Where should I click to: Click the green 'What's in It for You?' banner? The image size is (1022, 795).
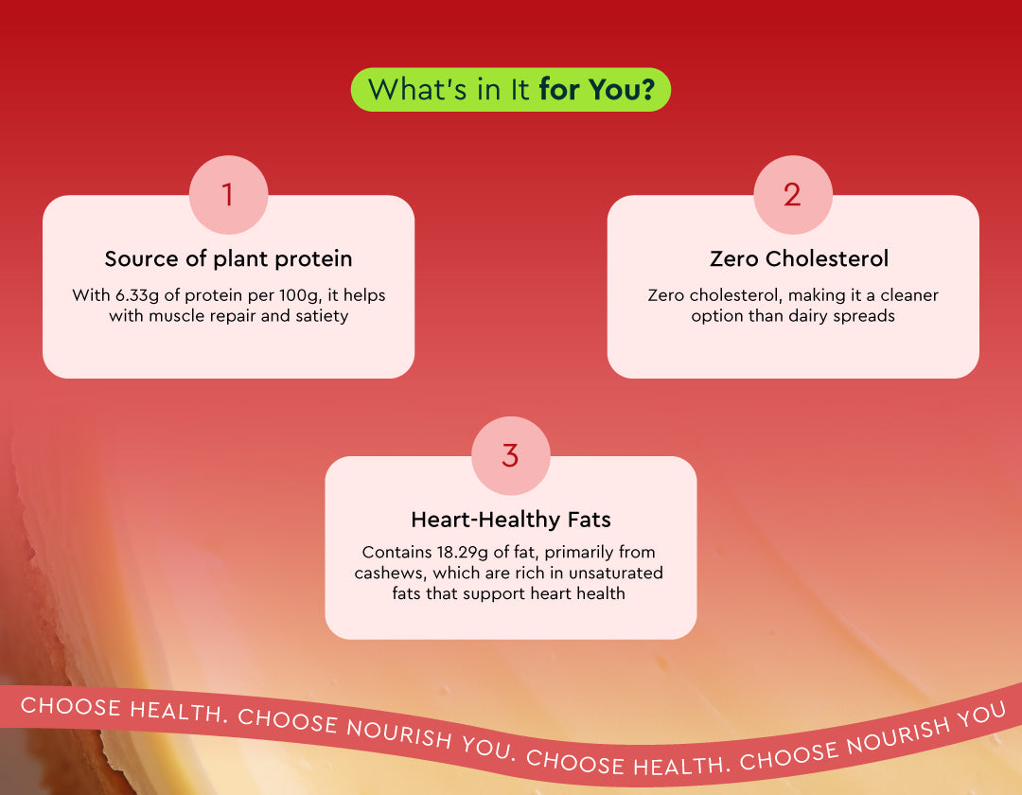point(510,89)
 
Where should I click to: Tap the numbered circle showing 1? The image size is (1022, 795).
point(228,194)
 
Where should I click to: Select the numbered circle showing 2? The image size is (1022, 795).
point(793,194)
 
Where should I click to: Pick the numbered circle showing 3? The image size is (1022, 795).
point(510,455)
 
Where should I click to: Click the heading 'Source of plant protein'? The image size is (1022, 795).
point(228,258)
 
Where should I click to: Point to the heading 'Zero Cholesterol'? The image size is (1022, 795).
point(799,258)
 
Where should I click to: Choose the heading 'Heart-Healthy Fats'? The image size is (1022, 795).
point(511,520)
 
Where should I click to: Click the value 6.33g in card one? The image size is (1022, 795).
point(137,296)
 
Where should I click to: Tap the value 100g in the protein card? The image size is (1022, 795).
point(301,296)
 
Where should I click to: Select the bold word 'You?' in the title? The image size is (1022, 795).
point(621,89)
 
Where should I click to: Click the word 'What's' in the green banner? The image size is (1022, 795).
point(417,89)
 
